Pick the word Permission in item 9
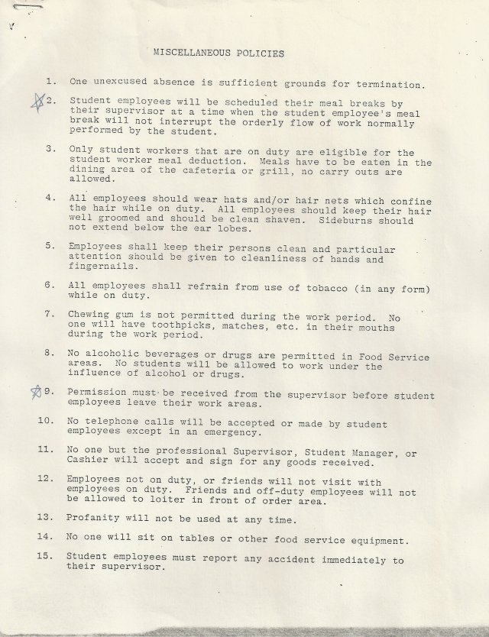coord(100,393)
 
